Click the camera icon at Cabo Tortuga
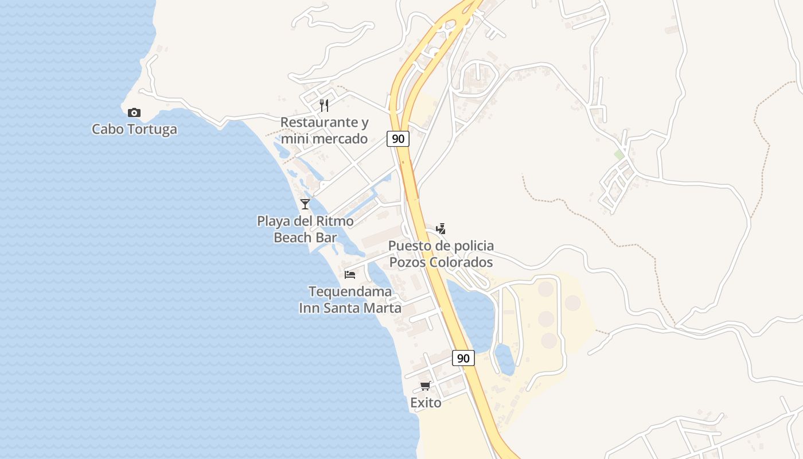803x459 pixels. point(134,113)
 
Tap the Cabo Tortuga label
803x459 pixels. point(134,130)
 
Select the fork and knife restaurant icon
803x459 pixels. point(324,106)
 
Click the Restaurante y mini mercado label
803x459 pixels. point(324,131)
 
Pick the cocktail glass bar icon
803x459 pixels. point(305,204)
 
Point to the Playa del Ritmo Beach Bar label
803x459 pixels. point(305,229)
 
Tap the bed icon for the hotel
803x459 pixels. point(350,274)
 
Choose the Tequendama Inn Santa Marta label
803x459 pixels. point(350,299)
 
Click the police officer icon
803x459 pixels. point(441,229)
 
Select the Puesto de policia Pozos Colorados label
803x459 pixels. point(441,254)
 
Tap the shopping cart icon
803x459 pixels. point(426,386)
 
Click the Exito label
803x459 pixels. point(426,403)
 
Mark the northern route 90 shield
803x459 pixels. point(397,139)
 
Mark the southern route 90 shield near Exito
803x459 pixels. point(463,358)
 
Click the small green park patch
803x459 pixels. point(619,155)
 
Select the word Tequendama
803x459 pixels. point(350,291)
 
